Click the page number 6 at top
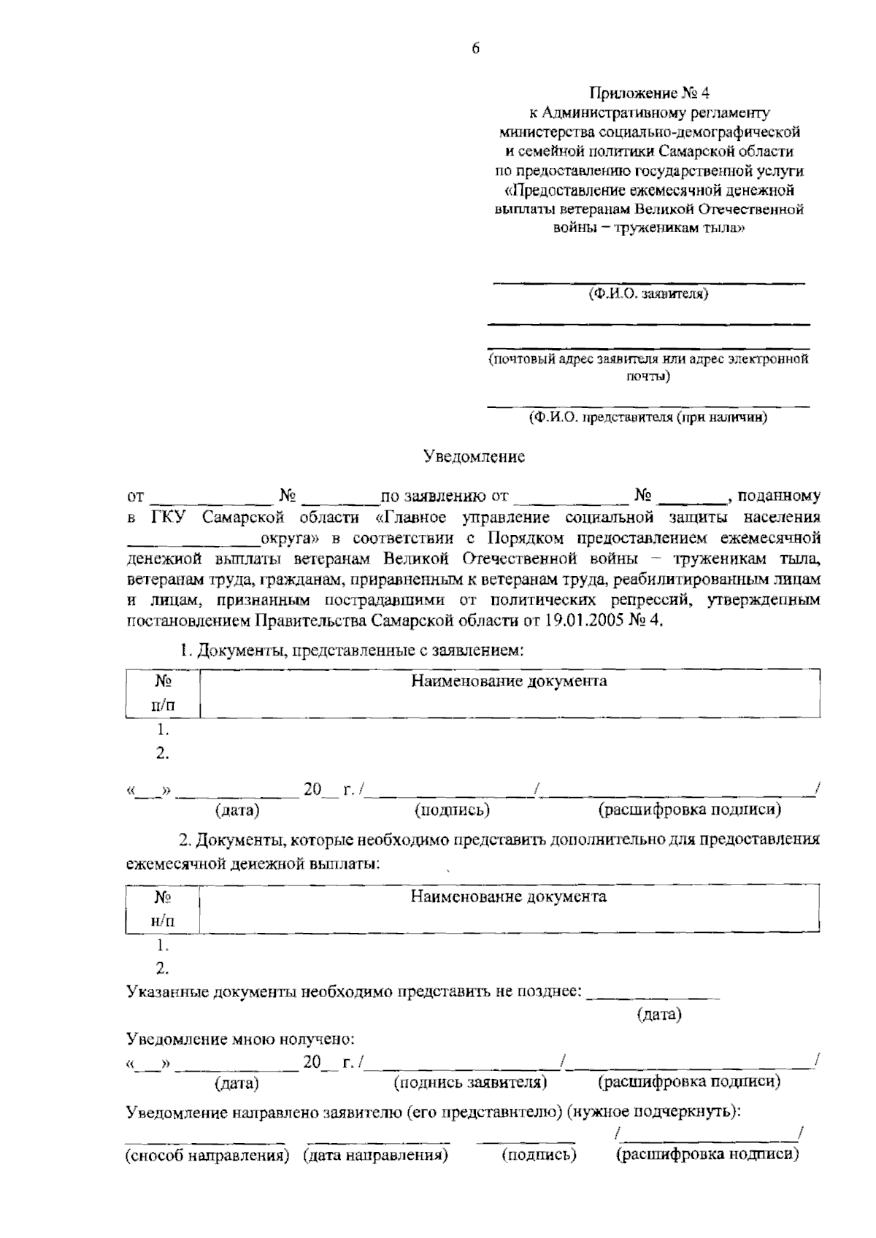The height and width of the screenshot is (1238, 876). coord(475,49)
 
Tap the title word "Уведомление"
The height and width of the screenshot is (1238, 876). coord(474,457)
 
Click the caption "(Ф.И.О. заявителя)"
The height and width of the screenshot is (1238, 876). coord(648,294)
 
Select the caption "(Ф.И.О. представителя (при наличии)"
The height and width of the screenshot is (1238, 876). coord(648,418)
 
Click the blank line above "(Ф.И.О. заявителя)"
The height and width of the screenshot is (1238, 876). coord(648,281)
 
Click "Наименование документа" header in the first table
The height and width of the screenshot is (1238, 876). coord(509,682)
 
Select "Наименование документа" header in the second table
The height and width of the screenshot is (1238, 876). coord(509,896)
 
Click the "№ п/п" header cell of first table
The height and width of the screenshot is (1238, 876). coord(162,693)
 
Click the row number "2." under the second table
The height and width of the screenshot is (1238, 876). coord(162,969)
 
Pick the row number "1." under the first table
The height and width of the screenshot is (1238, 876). coord(162,730)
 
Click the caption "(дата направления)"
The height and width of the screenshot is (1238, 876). coord(375,1156)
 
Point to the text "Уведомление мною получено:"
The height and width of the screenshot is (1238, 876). coord(241,1039)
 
